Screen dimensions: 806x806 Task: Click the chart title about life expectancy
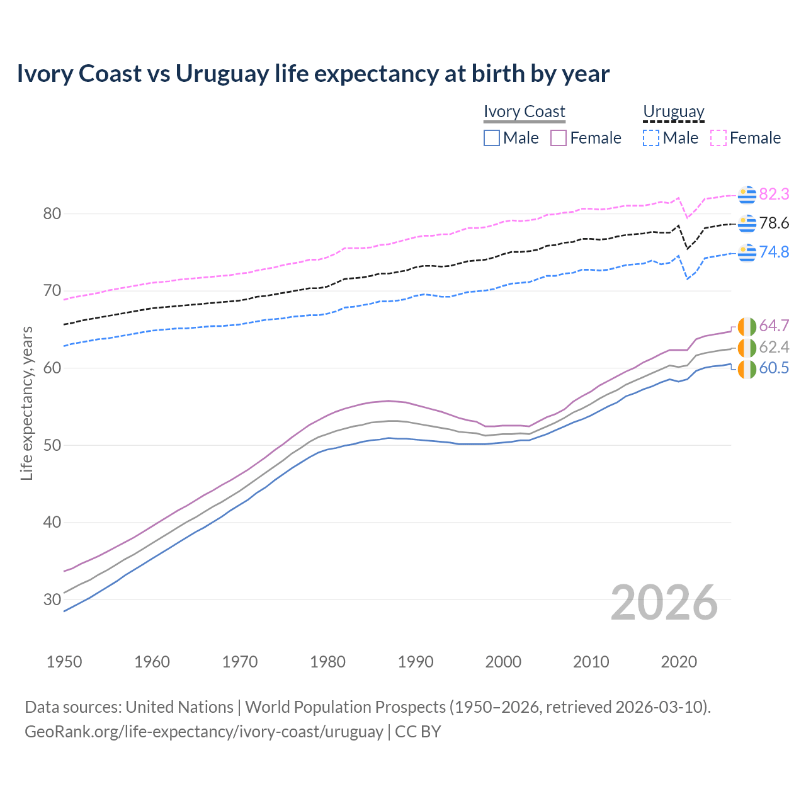coord(313,74)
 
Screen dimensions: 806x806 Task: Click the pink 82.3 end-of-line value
coord(774,194)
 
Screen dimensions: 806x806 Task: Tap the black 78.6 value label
coord(774,223)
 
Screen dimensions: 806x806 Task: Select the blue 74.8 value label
coord(774,252)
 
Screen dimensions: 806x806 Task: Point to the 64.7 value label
coord(774,326)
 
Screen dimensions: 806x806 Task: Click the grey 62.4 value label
coord(774,347)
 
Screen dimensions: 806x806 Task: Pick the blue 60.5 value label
coord(774,368)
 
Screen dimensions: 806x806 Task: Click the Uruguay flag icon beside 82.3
coord(747,195)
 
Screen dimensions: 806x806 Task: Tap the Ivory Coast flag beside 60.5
coord(747,369)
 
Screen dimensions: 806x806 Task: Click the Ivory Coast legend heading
coord(525,111)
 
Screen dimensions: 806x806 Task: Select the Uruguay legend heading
coord(673,111)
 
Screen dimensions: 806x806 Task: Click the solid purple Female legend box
coord(559,138)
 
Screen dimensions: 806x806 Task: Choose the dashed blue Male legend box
coord(651,138)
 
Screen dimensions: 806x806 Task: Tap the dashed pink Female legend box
coord(718,138)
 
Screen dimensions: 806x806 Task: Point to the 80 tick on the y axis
coord(52,214)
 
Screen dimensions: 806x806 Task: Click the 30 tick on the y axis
coord(52,599)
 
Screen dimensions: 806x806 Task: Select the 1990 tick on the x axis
coord(416,662)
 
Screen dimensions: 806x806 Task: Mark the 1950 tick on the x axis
coord(64,662)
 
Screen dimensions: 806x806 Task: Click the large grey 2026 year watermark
coord(664,603)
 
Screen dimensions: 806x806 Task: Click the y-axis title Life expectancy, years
coord(26,403)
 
